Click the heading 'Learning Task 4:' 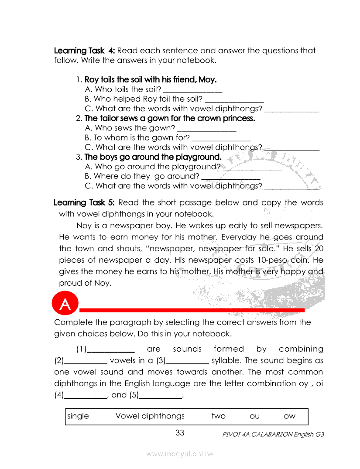(84, 51)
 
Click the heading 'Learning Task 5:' (84, 202)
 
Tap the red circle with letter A (65, 305)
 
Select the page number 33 (180, 433)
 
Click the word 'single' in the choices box (78, 416)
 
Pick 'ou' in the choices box (254, 416)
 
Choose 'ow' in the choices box (289, 416)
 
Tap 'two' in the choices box (218, 416)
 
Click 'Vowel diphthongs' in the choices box (150, 416)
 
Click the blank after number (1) (111, 350)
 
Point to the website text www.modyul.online (180, 454)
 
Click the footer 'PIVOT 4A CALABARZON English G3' (273, 435)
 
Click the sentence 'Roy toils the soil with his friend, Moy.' (151, 80)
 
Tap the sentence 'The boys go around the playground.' (153, 157)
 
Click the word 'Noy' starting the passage (84, 226)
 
